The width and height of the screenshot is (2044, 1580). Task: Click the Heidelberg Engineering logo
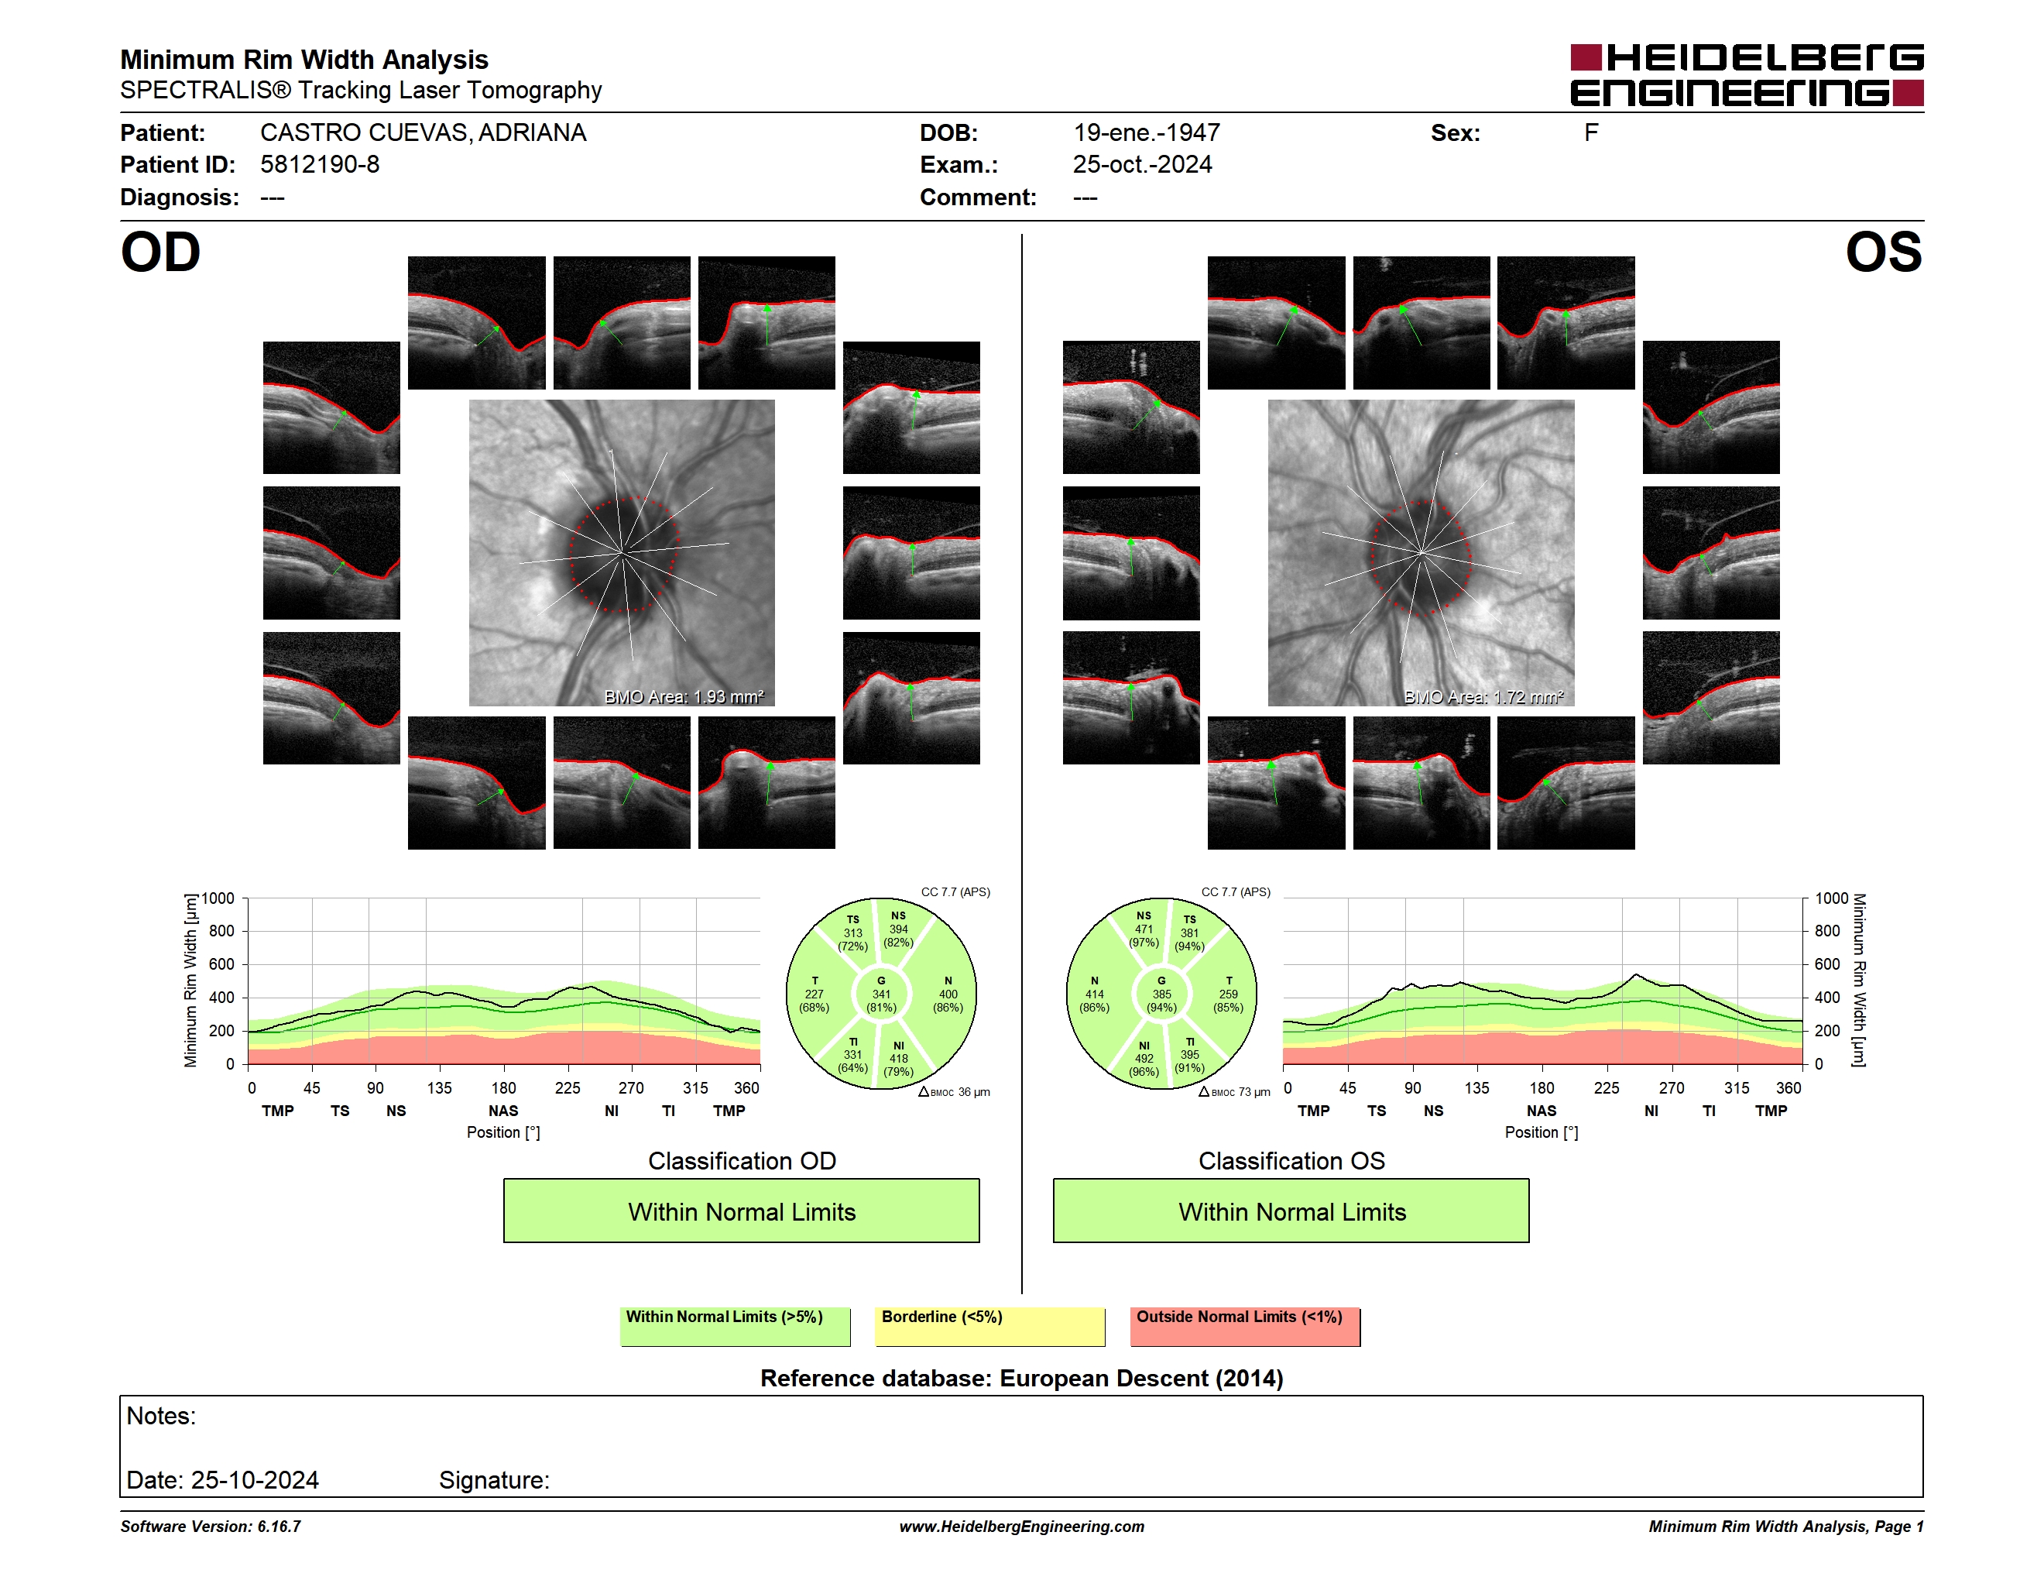point(1747,75)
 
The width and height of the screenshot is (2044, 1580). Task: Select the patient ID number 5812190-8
point(319,165)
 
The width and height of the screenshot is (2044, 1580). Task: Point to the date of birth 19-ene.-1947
point(1147,133)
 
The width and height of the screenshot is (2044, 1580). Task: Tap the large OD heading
point(160,252)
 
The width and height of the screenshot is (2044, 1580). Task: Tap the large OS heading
point(1883,252)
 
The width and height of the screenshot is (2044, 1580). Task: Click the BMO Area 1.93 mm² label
point(684,696)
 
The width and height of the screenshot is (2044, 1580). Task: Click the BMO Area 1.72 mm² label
point(1483,696)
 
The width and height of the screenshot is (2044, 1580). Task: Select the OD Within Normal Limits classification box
point(741,1211)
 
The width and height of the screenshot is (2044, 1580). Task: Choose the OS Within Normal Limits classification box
point(1291,1211)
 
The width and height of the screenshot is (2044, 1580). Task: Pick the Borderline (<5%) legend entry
point(990,1326)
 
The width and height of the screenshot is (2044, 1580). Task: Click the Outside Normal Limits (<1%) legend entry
point(1245,1326)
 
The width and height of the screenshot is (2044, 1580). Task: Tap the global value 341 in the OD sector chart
point(880,994)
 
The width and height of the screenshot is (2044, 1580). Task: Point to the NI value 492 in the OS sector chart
point(1144,1059)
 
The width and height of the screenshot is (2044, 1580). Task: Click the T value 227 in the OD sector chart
point(815,994)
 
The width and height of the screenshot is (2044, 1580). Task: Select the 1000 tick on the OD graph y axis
point(218,898)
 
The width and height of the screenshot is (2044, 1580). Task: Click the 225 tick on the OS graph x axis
point(1606,1087)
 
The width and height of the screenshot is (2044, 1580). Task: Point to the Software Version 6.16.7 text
point(211,1527)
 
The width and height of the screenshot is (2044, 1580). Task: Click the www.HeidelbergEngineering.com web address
point(1022,1527)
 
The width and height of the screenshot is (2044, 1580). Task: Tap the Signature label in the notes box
point(494,1480)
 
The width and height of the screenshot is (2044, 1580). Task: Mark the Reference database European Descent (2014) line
point(1022,1378)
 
